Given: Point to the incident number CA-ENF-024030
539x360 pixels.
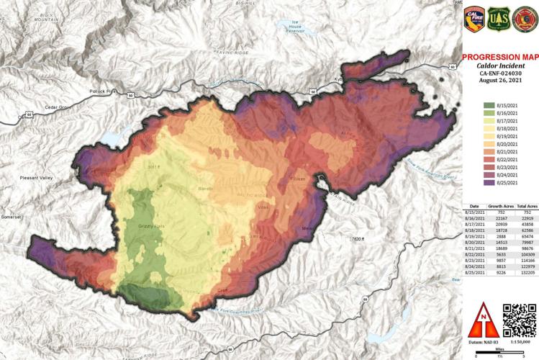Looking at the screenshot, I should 499,73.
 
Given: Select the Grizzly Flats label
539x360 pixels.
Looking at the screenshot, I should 150,227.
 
